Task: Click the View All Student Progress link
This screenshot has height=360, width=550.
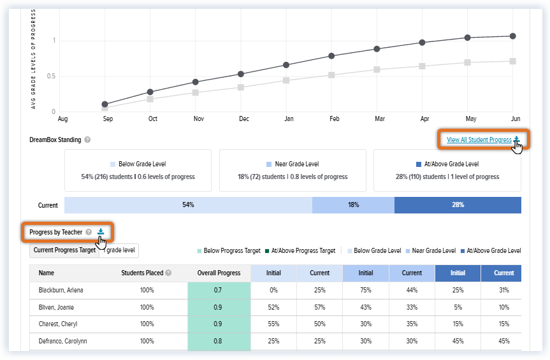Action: click(479, 140)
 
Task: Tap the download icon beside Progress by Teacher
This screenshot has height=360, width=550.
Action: click(101, 231)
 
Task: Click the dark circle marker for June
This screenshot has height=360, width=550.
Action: click(513, 36)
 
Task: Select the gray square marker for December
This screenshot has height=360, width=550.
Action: click(241, 87)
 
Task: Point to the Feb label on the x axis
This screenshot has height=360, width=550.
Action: click(335, 119)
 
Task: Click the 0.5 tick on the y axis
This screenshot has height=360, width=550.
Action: click(51, 76)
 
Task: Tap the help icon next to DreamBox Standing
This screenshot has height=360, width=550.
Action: click(87, 140)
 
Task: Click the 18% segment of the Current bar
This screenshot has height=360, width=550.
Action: click(353, 205)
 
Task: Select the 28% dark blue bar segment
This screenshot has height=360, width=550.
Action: click(458, 205)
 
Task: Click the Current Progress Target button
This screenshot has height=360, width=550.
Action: click(64, 250)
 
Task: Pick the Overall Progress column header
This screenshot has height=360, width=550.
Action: click(219, 273)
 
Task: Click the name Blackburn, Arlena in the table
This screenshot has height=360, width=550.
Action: click(61, 290)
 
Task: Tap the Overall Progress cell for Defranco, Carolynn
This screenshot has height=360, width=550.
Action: click(219, 341)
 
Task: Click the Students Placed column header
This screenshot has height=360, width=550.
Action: click(142, 273)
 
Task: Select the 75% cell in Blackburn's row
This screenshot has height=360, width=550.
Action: click(365, 290)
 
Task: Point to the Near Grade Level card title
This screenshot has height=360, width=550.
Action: click(297, 164)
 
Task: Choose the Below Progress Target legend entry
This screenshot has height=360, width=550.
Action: click(229, 250)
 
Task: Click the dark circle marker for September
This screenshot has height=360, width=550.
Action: click(105, 104)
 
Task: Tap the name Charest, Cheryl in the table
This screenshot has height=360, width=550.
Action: click(58, 324)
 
